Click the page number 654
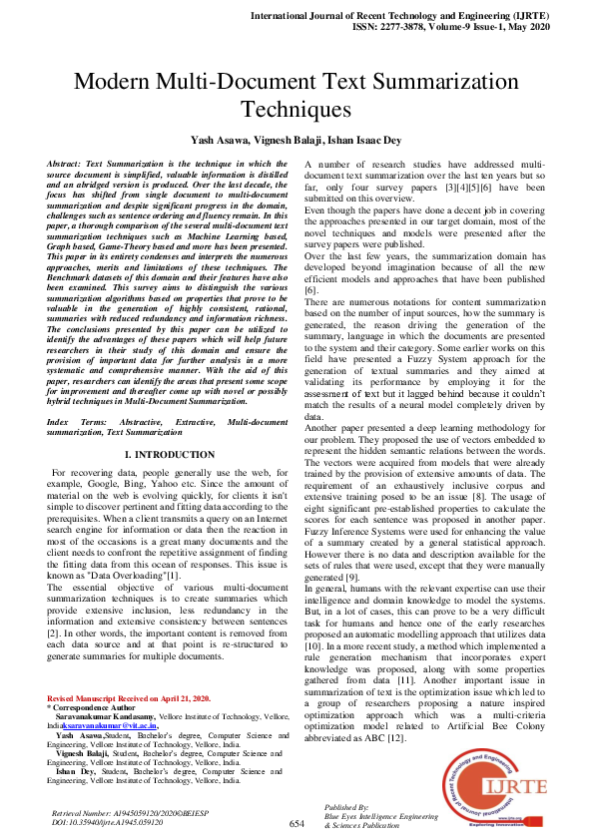click(x=297, y=823)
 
